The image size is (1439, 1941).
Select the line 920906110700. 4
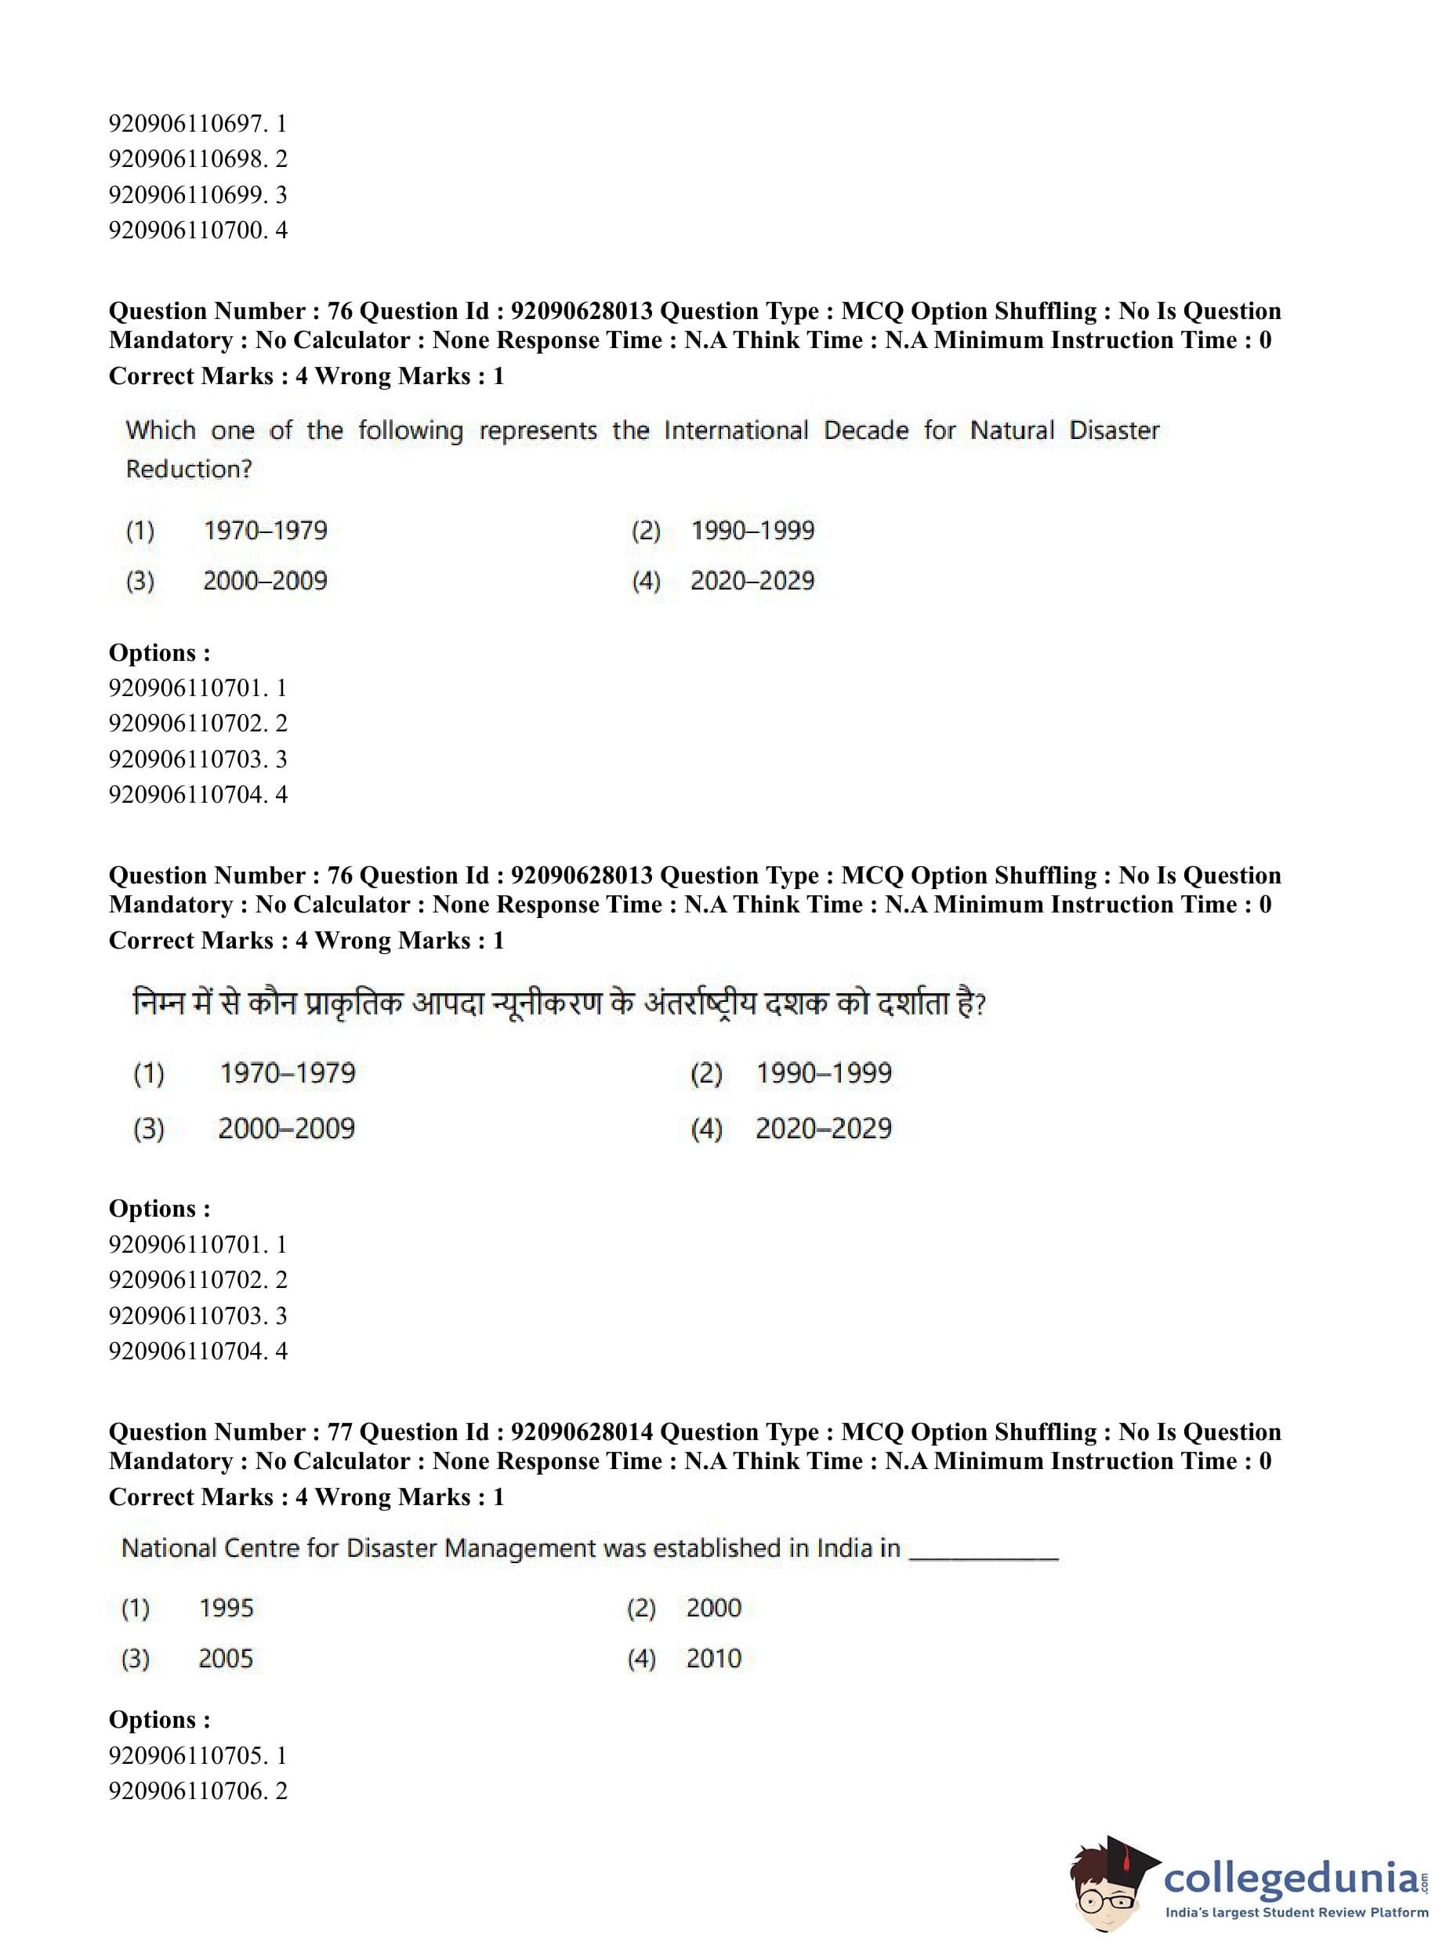(198, 230)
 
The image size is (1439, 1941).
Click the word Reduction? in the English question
(188, 470)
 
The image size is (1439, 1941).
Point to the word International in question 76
(735, 430)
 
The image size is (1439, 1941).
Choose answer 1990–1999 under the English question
(752, 531)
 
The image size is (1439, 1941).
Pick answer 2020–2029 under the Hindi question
(823, 1129)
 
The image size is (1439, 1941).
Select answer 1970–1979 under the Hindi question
(288, 1073)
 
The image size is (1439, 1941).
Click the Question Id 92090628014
(581, 1433)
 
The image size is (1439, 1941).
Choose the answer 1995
(226, 1608)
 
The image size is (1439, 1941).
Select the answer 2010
(713, 1659)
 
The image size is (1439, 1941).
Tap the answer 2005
(226, 1659)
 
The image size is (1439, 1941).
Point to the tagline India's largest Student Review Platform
(1296, 1913)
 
